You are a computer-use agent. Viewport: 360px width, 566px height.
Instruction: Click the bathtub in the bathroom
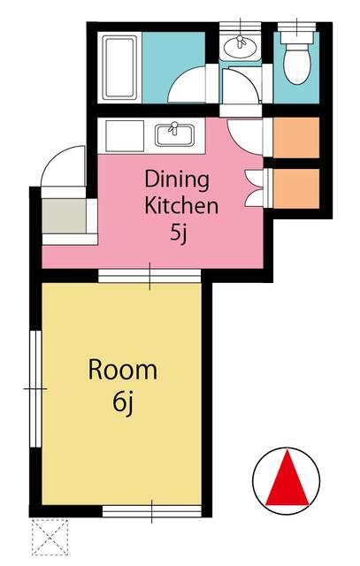(x=119, y=67)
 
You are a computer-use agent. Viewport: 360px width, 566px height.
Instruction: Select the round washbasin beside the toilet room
(x=236, y=46)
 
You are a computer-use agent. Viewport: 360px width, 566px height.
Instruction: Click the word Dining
(x=177, y=180)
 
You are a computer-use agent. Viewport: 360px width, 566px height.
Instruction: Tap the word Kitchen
(x=180, y=208)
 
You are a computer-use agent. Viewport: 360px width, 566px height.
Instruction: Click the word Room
(x=122, y=370)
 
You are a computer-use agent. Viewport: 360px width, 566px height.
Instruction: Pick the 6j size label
(x=122, y=402)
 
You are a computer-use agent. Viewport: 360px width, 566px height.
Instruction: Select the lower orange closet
(x=295, y=186)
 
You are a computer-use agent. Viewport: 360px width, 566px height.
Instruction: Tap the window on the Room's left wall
(x=36, y=388)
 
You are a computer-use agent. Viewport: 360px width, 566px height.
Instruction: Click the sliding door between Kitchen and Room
(x=149, y=277)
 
